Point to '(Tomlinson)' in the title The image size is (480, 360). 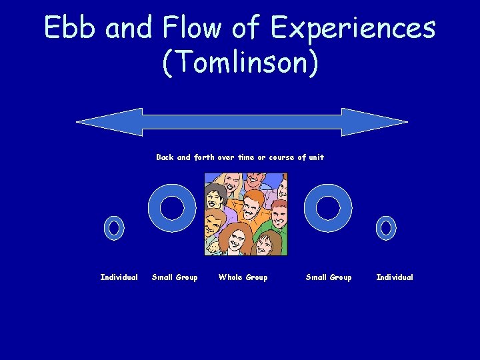coord(240,63)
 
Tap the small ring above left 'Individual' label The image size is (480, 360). coord(114,228)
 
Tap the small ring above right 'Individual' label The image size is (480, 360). coord(385,228)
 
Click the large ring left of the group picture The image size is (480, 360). coord(172,208)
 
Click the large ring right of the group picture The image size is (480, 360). coord(328,208)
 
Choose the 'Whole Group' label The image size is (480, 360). coord(243,277)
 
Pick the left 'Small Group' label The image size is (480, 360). coord(175,277)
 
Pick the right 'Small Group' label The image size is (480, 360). coord(328,277)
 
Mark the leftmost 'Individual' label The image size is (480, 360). coord(119,277)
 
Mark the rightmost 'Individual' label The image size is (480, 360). coord(395,277)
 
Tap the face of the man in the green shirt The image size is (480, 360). coord(267,241)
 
